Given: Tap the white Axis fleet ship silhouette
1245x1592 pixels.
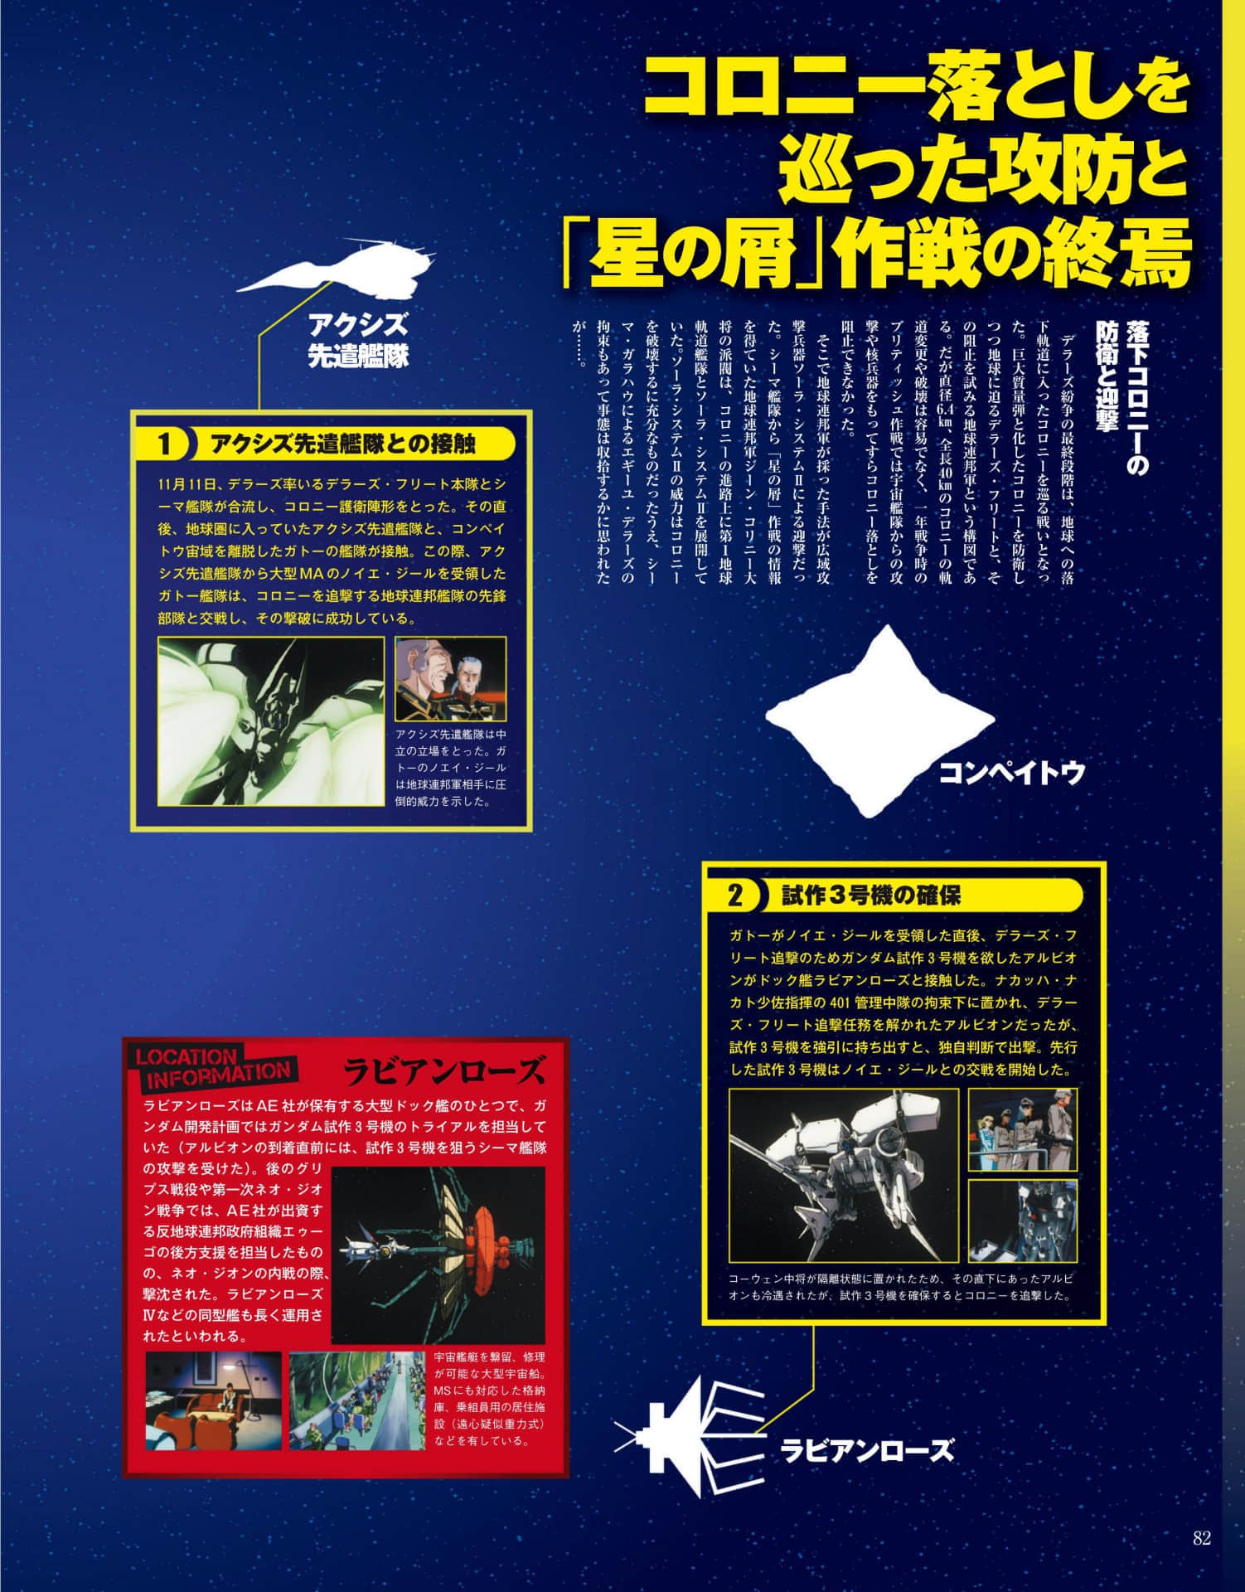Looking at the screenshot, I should pyautogui.click(x=340, y=272).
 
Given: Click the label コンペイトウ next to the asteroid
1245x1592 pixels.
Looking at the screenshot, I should pyautogui.click(x=1011, y=773).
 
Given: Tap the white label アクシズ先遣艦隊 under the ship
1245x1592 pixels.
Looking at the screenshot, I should pyautogui.click(x=358, y=340).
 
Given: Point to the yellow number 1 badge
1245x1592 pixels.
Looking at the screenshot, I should pyautogui.click(x=164, y=445).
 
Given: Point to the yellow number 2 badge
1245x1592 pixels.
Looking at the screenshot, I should pyautogui.click(x=734, y=896).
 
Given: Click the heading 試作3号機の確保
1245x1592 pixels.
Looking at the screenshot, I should pyautogui.click(x=871, y=896).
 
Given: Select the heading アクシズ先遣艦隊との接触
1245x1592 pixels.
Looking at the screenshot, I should pyautogui.click(x=343, y=444).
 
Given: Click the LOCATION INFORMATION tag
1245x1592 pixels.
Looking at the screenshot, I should pyautogui.click(x=213, y=1069).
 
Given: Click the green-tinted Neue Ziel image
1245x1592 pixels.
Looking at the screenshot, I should pyautogui.click(x=271, y=721).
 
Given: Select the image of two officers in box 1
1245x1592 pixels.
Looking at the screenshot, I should pyautogui.click(x=450, y=677).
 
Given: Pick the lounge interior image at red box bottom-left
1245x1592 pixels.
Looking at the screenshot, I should pyautogui.click(x=214, y=1400).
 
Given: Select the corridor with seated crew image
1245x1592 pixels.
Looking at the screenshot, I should pyautogui.click(x=358, y=1400).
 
